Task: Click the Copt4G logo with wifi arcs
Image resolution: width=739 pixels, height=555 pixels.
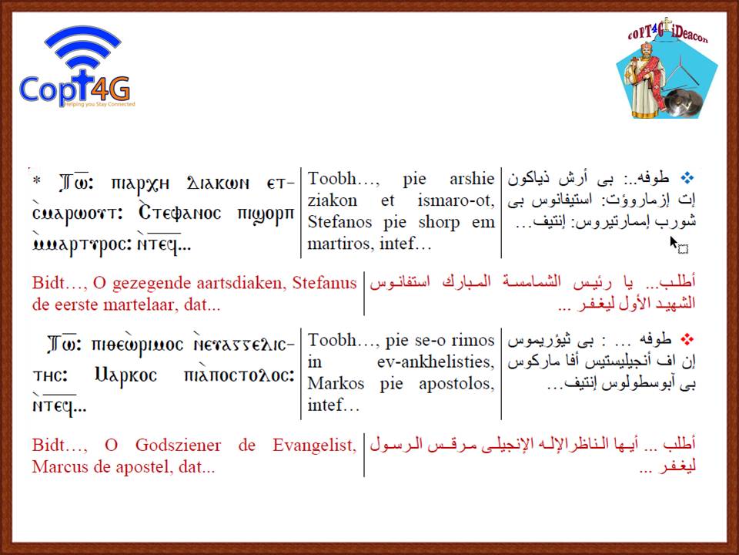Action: (77, 67)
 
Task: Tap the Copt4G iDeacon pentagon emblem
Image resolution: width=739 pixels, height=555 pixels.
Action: (667, 71)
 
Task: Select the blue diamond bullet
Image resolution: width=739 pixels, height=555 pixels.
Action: (687, 178)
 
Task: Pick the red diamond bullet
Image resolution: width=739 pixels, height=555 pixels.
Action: (687, 339)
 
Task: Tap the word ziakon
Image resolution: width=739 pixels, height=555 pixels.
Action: (333, 200)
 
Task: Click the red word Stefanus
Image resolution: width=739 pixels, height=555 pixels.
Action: (324, 283)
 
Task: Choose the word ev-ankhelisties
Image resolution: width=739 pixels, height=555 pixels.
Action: (436, 362)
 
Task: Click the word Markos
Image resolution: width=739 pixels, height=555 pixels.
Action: (336, 383)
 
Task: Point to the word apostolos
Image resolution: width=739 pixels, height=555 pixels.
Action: (456, 383)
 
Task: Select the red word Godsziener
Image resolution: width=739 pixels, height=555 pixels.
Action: (178, 445)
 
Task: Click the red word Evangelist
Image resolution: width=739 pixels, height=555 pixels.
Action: (314, 445)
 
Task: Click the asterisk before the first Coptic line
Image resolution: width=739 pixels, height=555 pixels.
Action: (37, 180)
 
